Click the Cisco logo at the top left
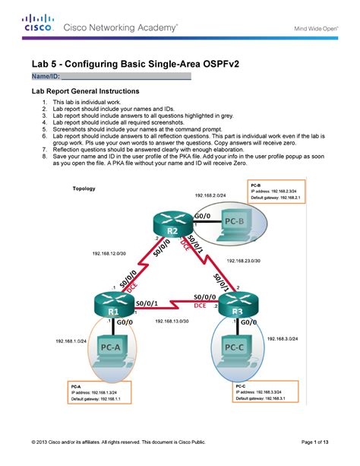coord(36,24)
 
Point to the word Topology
coord(84,189)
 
